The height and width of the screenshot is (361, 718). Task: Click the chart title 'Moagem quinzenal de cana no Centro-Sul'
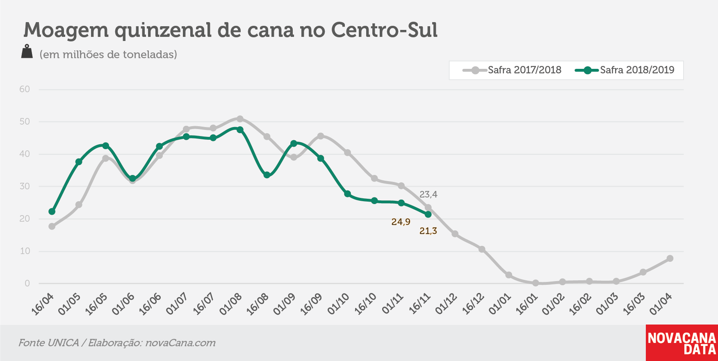coord(230,30)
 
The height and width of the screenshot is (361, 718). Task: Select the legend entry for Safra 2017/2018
coord(512,70)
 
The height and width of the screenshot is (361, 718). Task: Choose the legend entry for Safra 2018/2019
coord(625,70)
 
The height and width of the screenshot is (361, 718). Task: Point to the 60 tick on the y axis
coord(25,89)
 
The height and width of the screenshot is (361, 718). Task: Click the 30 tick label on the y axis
coord(25,186)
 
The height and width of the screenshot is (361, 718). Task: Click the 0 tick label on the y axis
coord(27,284)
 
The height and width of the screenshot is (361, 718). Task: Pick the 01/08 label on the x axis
coord(230,304)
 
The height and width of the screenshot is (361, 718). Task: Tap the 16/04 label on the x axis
coord(42,304)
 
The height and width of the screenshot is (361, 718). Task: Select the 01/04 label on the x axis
coord(661,304)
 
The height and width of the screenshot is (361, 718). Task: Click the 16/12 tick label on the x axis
coord(473,304)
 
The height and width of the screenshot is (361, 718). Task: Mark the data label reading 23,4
coord(429,195)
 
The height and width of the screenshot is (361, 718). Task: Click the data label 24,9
coord(401,222)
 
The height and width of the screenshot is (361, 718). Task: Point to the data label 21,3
coord(428,231)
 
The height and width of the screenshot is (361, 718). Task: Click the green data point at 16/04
coord(52,211)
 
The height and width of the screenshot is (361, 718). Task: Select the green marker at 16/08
coord(267,175)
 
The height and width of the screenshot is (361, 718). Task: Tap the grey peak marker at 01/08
coord(240,119)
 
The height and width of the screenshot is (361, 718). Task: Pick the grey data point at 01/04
coord(670,258)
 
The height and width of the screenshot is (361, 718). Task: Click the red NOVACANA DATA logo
coord(682,343)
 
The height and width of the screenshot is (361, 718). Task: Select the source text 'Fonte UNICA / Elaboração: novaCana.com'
coord(117,343)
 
